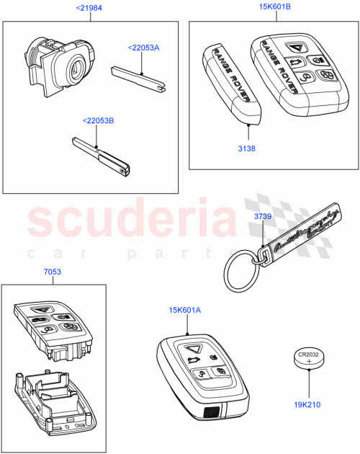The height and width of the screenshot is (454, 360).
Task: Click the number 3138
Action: (x=247, y=148)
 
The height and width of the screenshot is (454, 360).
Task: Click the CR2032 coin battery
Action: (x=310, y=359)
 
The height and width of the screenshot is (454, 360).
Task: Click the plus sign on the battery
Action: (x=310, y=362)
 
